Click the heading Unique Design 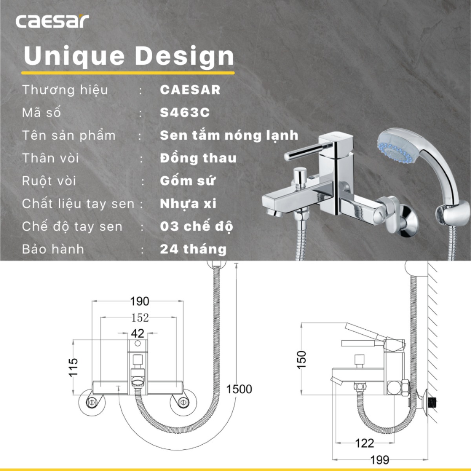pyautogui.click(x=129, y=56)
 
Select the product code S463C pyautogui.click(x=185, y=113)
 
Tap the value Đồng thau pyautogui.click(x=198, y=158)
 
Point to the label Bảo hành pyautogui.click(x=53, y=249)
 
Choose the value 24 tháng pyautogui.click(x=193, y=249)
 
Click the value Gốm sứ pyautogui.click(x=188, y=181)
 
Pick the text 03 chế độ pyautogui.click(x=196, y=226)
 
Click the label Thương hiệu pyautogui.click(x=65, y=90)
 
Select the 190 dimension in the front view pyautogui.click(x=140, y=301)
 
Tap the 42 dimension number pyautogui.click(x=137, y=334)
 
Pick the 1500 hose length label pyautogui.click(x=239, y=389)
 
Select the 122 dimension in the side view pyautogui.click(x=364, y=443)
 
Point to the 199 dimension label pyautogui.click(x=380, y=459)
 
